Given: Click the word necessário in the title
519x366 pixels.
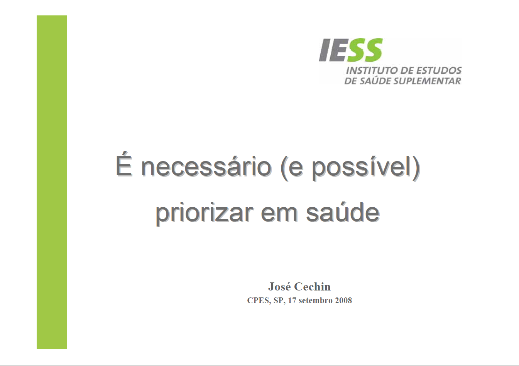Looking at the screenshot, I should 206,167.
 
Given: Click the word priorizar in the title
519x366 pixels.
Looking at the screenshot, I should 204,213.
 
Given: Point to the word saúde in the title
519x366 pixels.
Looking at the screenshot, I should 343,213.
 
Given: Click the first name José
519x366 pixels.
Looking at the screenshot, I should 279,287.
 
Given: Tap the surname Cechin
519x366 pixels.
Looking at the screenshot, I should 312,287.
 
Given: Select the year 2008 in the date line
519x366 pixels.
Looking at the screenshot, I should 343,301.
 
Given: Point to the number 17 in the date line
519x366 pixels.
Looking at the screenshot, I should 292,301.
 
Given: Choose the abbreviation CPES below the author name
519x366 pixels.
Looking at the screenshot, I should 259,301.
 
